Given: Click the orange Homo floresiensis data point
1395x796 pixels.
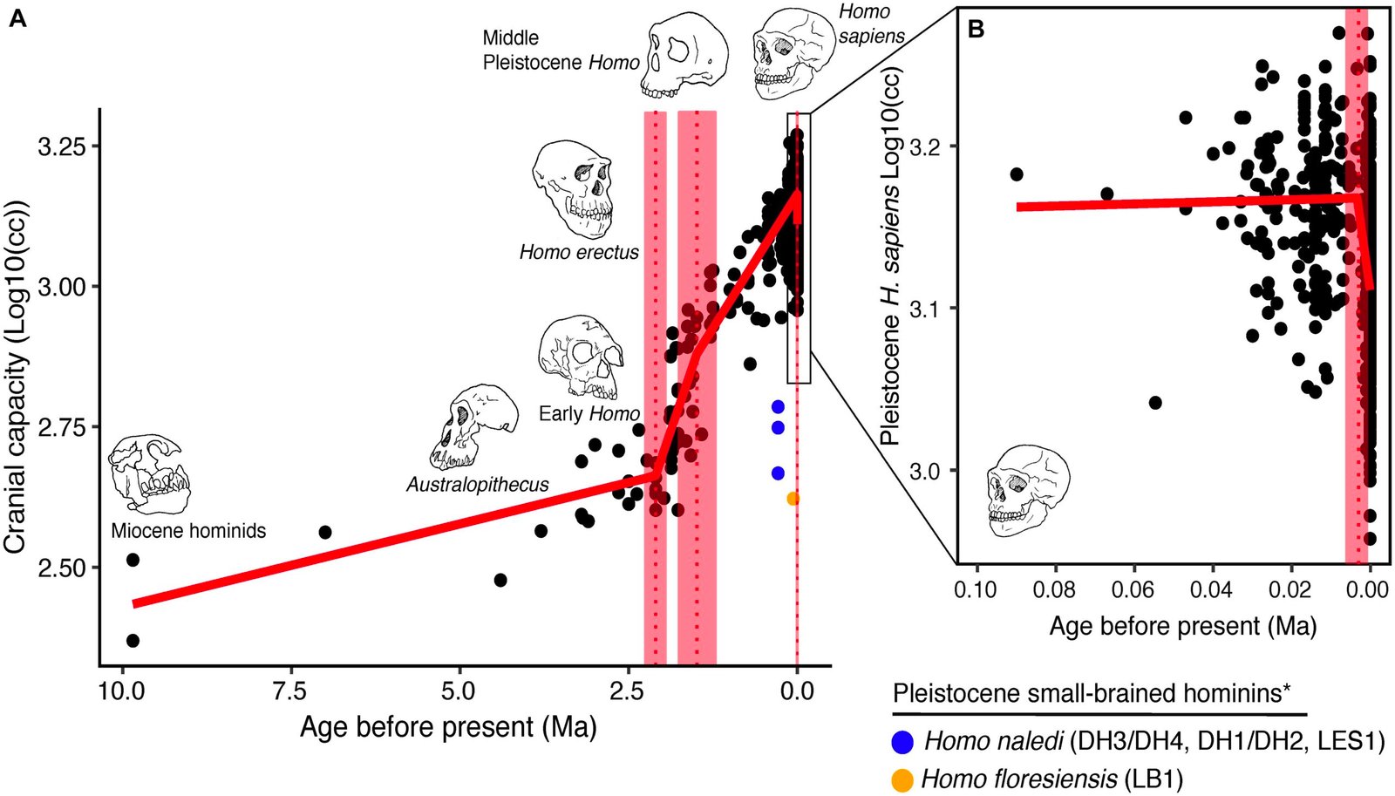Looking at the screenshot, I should click(793, 499).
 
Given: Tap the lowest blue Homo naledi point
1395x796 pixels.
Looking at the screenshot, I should click(778, 473).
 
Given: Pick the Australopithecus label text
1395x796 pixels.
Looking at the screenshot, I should click(478, 485).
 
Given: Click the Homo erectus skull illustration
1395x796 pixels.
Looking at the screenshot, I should click(573, 189).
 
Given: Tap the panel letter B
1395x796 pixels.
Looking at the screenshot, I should click(976, 30).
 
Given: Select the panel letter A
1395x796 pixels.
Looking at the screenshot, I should click(17, 18).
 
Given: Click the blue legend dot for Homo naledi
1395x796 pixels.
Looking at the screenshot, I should click(902, 742).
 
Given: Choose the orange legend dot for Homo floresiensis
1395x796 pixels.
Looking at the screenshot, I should click(902, 779).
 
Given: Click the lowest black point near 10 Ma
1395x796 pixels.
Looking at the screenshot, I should click(133, 641).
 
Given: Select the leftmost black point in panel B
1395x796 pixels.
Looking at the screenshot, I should click(1016, 174).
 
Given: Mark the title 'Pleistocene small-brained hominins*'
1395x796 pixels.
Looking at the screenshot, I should click(1092, 694).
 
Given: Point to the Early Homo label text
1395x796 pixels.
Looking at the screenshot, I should click(589, 413).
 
